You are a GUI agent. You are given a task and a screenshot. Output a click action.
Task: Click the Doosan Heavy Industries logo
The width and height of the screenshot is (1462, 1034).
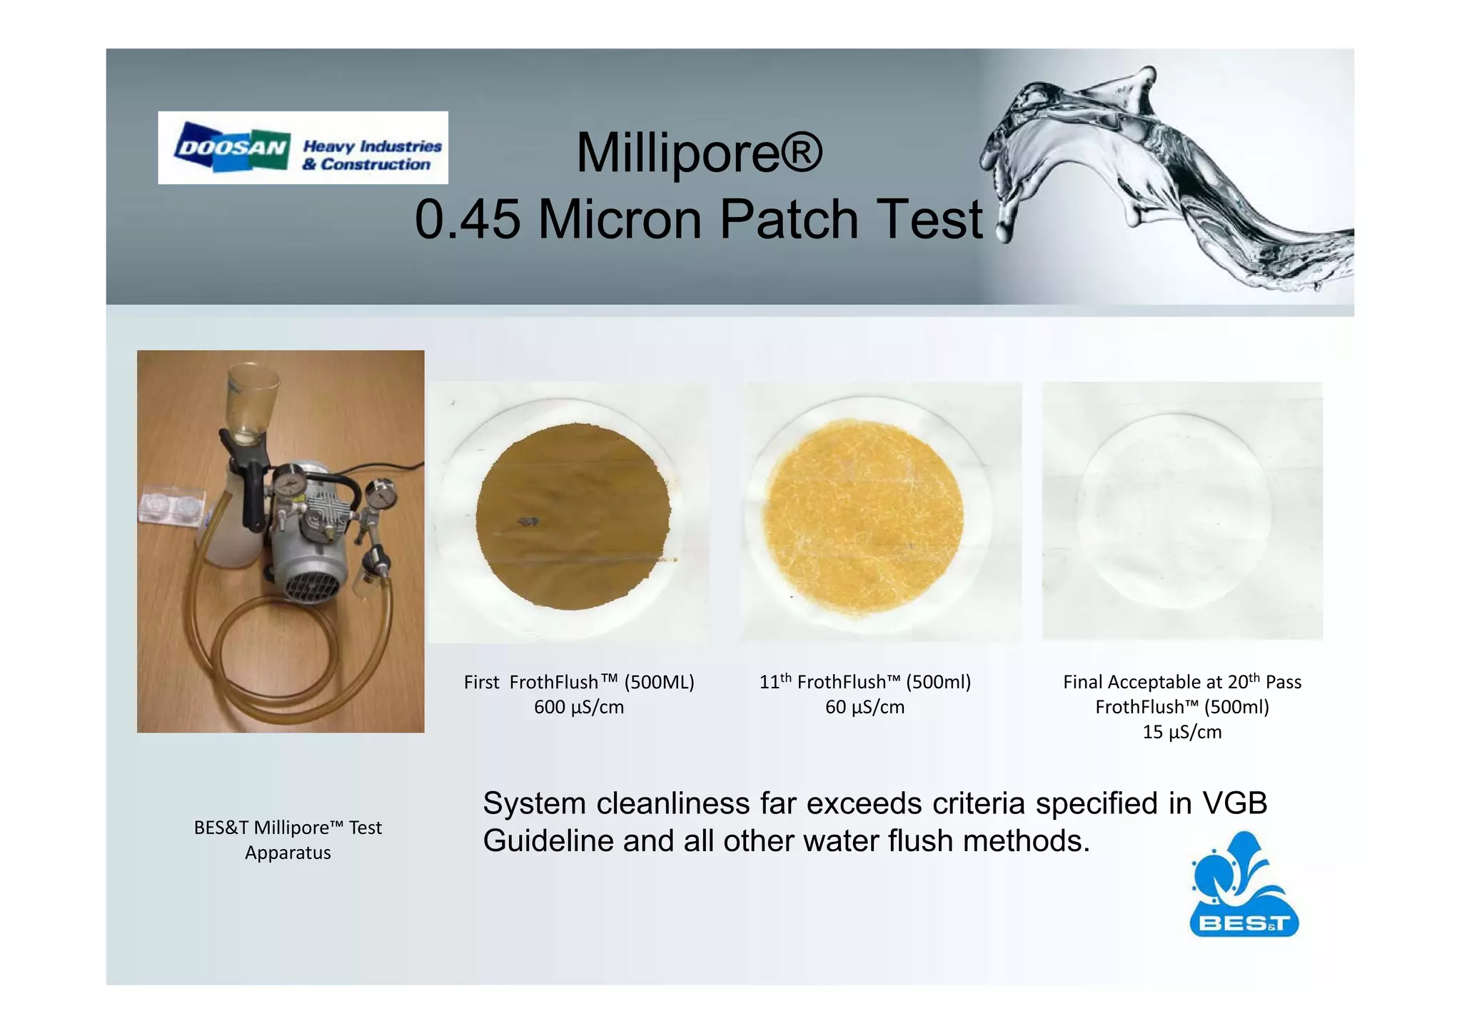tap(303, 148)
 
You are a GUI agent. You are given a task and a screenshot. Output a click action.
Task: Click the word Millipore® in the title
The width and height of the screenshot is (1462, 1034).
tap(699, 152)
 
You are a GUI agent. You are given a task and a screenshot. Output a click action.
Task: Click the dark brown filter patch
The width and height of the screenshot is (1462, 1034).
tap(573, 516)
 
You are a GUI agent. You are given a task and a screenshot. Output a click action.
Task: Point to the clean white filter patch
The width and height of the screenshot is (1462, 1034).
tap(1174, 511)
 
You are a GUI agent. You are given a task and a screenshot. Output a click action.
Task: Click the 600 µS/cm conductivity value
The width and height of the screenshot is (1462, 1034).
tap(578, 707)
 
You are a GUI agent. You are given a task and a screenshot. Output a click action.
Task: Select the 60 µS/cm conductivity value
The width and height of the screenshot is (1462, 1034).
tap(864, 707)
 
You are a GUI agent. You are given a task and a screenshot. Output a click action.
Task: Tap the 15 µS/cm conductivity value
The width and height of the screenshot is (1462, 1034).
tap(1181, 732)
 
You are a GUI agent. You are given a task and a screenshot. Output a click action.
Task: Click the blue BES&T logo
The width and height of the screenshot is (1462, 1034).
tap(1243, 885)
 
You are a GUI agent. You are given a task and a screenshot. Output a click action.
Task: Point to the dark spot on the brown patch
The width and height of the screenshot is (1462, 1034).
tap(528, 521)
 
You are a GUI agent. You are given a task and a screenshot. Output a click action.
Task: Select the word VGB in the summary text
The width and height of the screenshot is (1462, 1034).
tap(1234, 803)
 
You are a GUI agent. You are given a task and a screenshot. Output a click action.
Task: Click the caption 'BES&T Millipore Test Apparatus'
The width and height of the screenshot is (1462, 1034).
tap(288, 840)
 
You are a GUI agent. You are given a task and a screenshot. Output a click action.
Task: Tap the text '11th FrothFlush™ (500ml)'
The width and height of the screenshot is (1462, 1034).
tap(864, 682)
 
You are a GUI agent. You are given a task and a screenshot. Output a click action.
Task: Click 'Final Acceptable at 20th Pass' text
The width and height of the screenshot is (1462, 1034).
tap(1181, 682)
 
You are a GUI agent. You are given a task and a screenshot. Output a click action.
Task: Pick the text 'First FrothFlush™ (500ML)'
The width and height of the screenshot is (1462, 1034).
tap(578, 682)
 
